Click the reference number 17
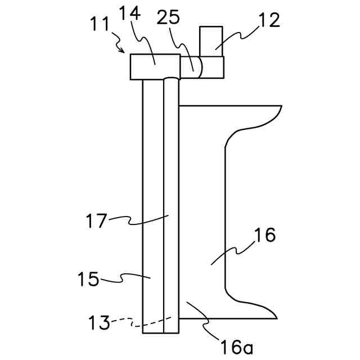pos(96,220)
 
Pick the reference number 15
pos(89,280)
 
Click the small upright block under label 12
pos(211,40)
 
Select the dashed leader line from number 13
pos(152,323)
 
